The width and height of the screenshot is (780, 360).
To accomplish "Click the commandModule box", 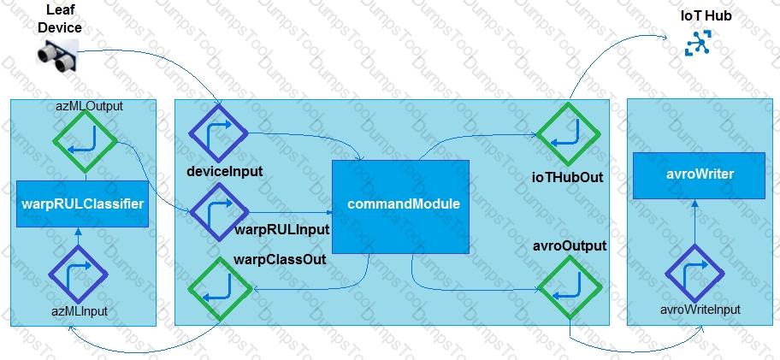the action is tap(400, 206).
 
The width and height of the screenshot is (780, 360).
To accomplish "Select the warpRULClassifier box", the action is tap(83, 204).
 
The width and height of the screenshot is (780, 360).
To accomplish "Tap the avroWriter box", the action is tap(699, 175).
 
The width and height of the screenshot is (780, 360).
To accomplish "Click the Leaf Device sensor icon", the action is tap(57, 56).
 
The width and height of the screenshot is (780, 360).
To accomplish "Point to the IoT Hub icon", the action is tap(699, 42).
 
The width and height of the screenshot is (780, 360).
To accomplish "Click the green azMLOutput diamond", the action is tap(85, 142).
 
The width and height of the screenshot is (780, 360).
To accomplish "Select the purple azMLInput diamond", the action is tap(78, 274).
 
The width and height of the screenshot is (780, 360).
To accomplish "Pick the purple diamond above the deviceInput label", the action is tap(218, 133).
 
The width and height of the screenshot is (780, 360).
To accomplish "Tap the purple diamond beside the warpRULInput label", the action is tap(219, 212).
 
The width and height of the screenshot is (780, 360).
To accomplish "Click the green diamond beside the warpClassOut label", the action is tap(221, 288).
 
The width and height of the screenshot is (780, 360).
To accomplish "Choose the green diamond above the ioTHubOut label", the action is tap(568, 135).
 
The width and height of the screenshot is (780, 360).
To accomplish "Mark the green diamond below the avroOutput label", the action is tap(570, 288).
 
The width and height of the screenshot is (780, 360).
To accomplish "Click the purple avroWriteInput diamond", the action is tap(695, 274).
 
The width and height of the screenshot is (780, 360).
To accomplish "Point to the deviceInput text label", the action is tap(225, 172).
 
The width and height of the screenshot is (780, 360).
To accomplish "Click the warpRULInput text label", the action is tap(281, 230).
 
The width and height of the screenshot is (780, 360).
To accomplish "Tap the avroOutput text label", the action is tap(571, 246).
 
